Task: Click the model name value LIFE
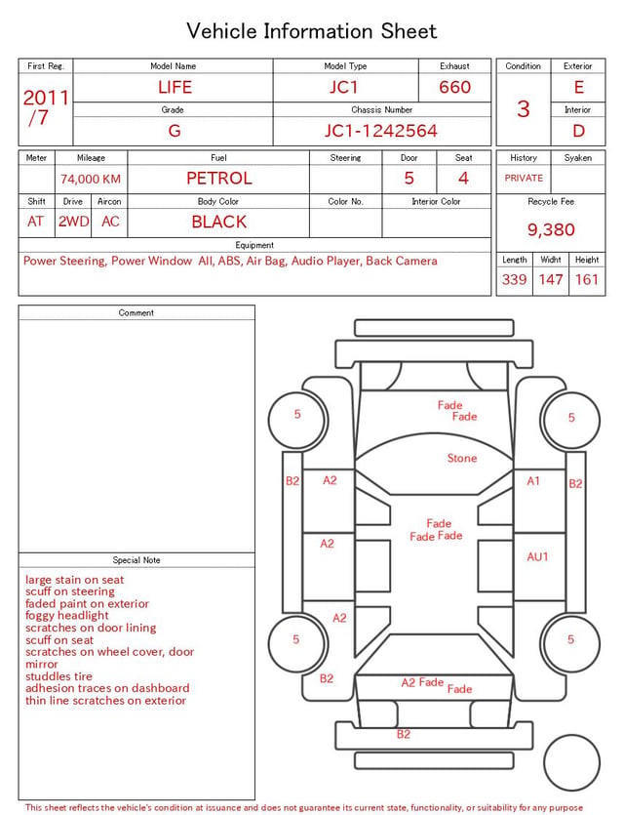pyautogui.click(x=175, y=87)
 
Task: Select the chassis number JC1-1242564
pyautogui.click(x=381, y=131)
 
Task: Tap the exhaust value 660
pyautogui.click(x=454, y=87)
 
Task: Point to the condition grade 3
pyautogui.click(x=524, y=109)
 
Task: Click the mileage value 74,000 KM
pyautogui.click(x=91, y=180)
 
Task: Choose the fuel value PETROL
pyautogui.click(x=219, y=179)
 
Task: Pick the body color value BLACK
pyautogui.click(x=219, y=222)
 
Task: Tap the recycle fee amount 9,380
pyautogui.click(x=551, y=229)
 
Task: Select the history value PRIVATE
pyautogui.click(x=524, y=178)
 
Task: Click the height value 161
pyautogui.click(x=587, y=279)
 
